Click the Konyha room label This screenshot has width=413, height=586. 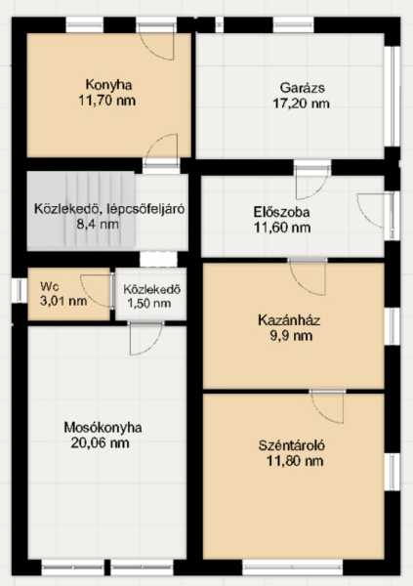[x=108, y=84]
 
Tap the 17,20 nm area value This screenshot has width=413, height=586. [x=301, y=104]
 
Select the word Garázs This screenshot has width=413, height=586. [x=302, y=88]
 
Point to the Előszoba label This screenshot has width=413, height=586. [x=281, y=212]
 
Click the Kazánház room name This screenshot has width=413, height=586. [x=289, y=320]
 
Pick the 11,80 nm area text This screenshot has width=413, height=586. [x=295, y=461]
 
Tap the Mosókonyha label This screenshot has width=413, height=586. [x=103, y=427]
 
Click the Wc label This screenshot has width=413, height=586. [x=50, y=286]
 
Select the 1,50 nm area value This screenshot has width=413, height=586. [x=149, y=303]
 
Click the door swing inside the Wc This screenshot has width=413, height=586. [x=96, y=291]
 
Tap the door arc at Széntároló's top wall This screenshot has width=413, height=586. [x=327, y=408]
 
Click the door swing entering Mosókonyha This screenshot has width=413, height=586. [x=146, y=339]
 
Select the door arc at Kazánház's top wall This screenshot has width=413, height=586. [x=309, y=277]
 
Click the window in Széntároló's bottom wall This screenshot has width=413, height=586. [x=293, y=566]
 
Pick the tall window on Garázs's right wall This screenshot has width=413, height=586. [x=392, y=97]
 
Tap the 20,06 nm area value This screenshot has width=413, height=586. [x=101, y=442]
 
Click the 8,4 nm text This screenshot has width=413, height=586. [x=97, y=225]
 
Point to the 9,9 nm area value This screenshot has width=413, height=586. [x=291, y=336]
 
